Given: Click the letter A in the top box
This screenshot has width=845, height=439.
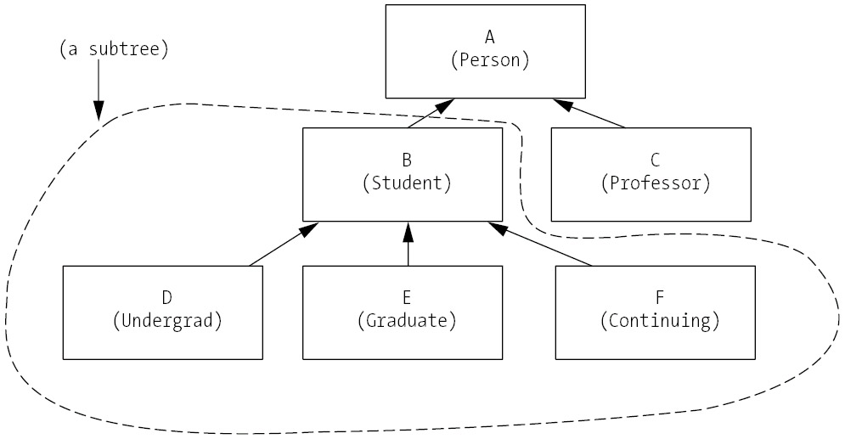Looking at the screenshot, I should pos(489,37).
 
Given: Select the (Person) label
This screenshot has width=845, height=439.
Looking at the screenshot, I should pos(490,60).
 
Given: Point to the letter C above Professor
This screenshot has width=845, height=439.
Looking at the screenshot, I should pos(654,159).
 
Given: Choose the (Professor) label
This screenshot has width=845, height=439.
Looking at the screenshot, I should pos(654,183).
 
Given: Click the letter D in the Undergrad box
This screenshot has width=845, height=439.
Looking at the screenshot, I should pos(166,297).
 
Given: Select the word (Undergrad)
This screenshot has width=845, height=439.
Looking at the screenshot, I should pos(166,321).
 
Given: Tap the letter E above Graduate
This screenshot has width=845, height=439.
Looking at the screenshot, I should pos(407,297).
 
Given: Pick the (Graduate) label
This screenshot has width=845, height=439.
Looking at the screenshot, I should pos(407,321).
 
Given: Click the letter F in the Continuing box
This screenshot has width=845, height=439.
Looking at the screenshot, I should pos(658,297).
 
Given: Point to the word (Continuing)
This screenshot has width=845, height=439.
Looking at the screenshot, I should pos(658,321).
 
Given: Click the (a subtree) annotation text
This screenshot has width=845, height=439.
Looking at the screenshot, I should pos(114,49).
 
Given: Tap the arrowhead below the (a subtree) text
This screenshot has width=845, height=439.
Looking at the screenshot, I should pos(99,110).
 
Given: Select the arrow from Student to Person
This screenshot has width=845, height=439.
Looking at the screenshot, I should pos(429,114).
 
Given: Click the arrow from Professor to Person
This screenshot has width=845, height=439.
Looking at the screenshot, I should pos(589,114).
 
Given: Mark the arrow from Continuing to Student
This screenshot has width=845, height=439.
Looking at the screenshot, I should pos(540,245).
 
